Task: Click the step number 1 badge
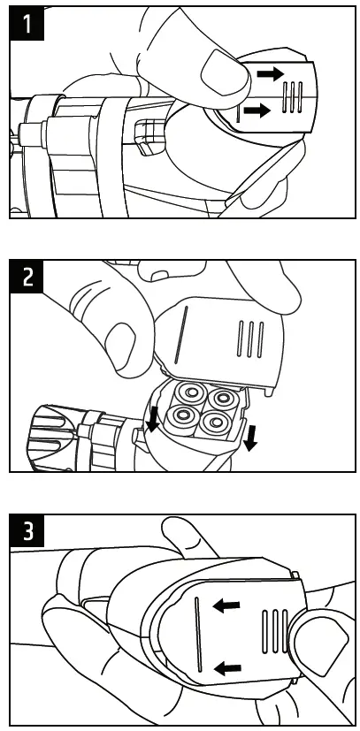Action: (27, 23)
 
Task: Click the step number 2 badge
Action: (27, 278)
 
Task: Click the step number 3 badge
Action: (27, 531)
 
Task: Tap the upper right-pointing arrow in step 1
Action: (270, 73)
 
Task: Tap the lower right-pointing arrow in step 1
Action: (257, 110)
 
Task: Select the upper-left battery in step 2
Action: (188, 394)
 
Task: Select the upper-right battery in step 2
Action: (220, 399)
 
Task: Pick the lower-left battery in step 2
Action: (180, 416)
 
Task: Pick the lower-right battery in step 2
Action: (213, 422)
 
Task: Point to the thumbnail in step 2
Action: (121, 345)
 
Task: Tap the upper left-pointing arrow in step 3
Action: (226, 606)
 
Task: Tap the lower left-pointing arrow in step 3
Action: (227, 669)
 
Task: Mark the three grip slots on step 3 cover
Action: (276, 631)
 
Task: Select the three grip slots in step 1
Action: (292, 97)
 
